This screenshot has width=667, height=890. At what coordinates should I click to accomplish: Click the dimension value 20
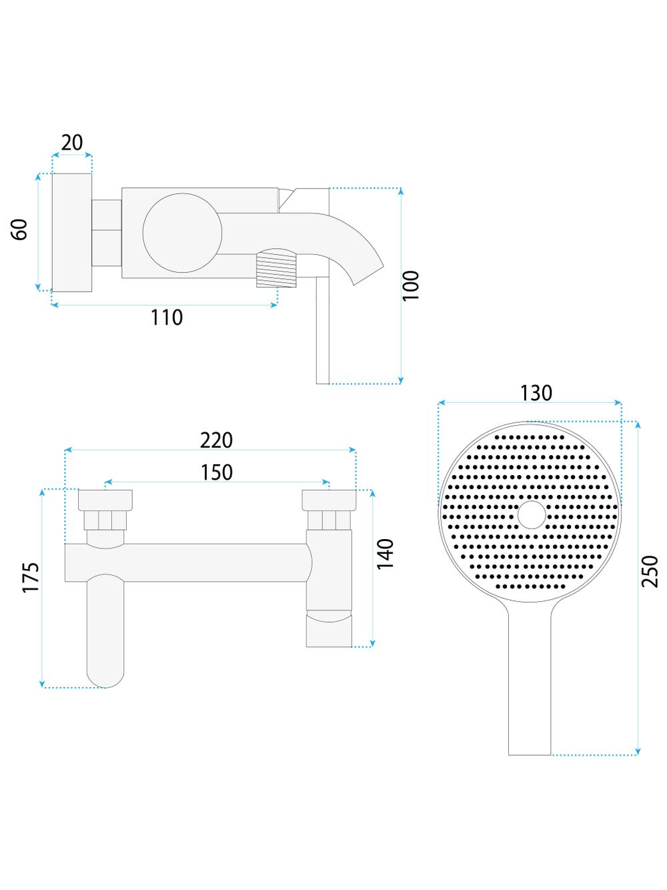(72, 143)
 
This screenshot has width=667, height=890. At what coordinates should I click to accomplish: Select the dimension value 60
(20, 230)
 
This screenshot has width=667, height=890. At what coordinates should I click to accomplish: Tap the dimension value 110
(166, 318)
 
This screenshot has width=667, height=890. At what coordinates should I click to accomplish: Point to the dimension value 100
(412, 286)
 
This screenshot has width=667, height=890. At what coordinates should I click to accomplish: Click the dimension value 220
(217, 440)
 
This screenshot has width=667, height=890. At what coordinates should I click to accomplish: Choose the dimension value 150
(217, 472)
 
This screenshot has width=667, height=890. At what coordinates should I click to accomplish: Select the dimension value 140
(386, 554)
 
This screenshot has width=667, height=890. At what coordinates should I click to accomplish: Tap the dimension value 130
(536, 394)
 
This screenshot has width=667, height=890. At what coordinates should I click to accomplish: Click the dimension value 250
(650, 571)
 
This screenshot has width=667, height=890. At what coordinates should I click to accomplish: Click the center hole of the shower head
(531, 516)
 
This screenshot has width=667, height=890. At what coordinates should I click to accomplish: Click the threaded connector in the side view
(275, 268)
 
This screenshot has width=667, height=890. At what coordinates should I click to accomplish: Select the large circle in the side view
(182, 234)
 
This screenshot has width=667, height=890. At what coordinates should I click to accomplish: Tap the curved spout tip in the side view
(370, 270)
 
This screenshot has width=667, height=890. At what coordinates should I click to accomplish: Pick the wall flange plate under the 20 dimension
(72, 232)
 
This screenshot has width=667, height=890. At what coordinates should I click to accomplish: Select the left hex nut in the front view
(105, 520)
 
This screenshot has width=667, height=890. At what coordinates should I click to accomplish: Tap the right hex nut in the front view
(329, 520)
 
